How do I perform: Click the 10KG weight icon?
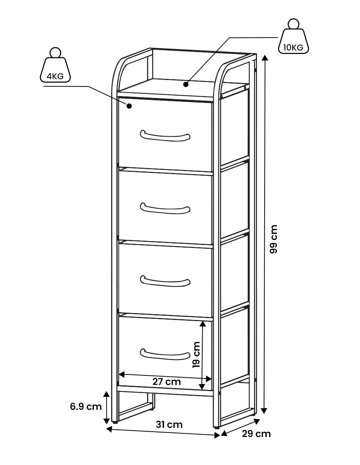tap(293, 36)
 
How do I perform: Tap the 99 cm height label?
tap(273, 239)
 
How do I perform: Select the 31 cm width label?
tap(169, 424)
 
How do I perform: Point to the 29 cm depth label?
tap(256, 434)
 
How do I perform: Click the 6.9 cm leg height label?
tap(86, 406)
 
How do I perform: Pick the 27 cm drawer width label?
tap(167, 382)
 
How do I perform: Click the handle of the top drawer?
tap(165, 136)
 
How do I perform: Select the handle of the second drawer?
tap(165, 209)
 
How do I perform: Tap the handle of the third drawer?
tap(165, 281)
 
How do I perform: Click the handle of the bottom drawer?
tap(165, 354)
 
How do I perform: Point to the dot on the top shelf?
tap(186, 84)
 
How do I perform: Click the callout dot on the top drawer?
tap(129, 106)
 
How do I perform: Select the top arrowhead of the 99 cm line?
tap(265, 58)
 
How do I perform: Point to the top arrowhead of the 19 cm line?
tap(203, 324)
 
